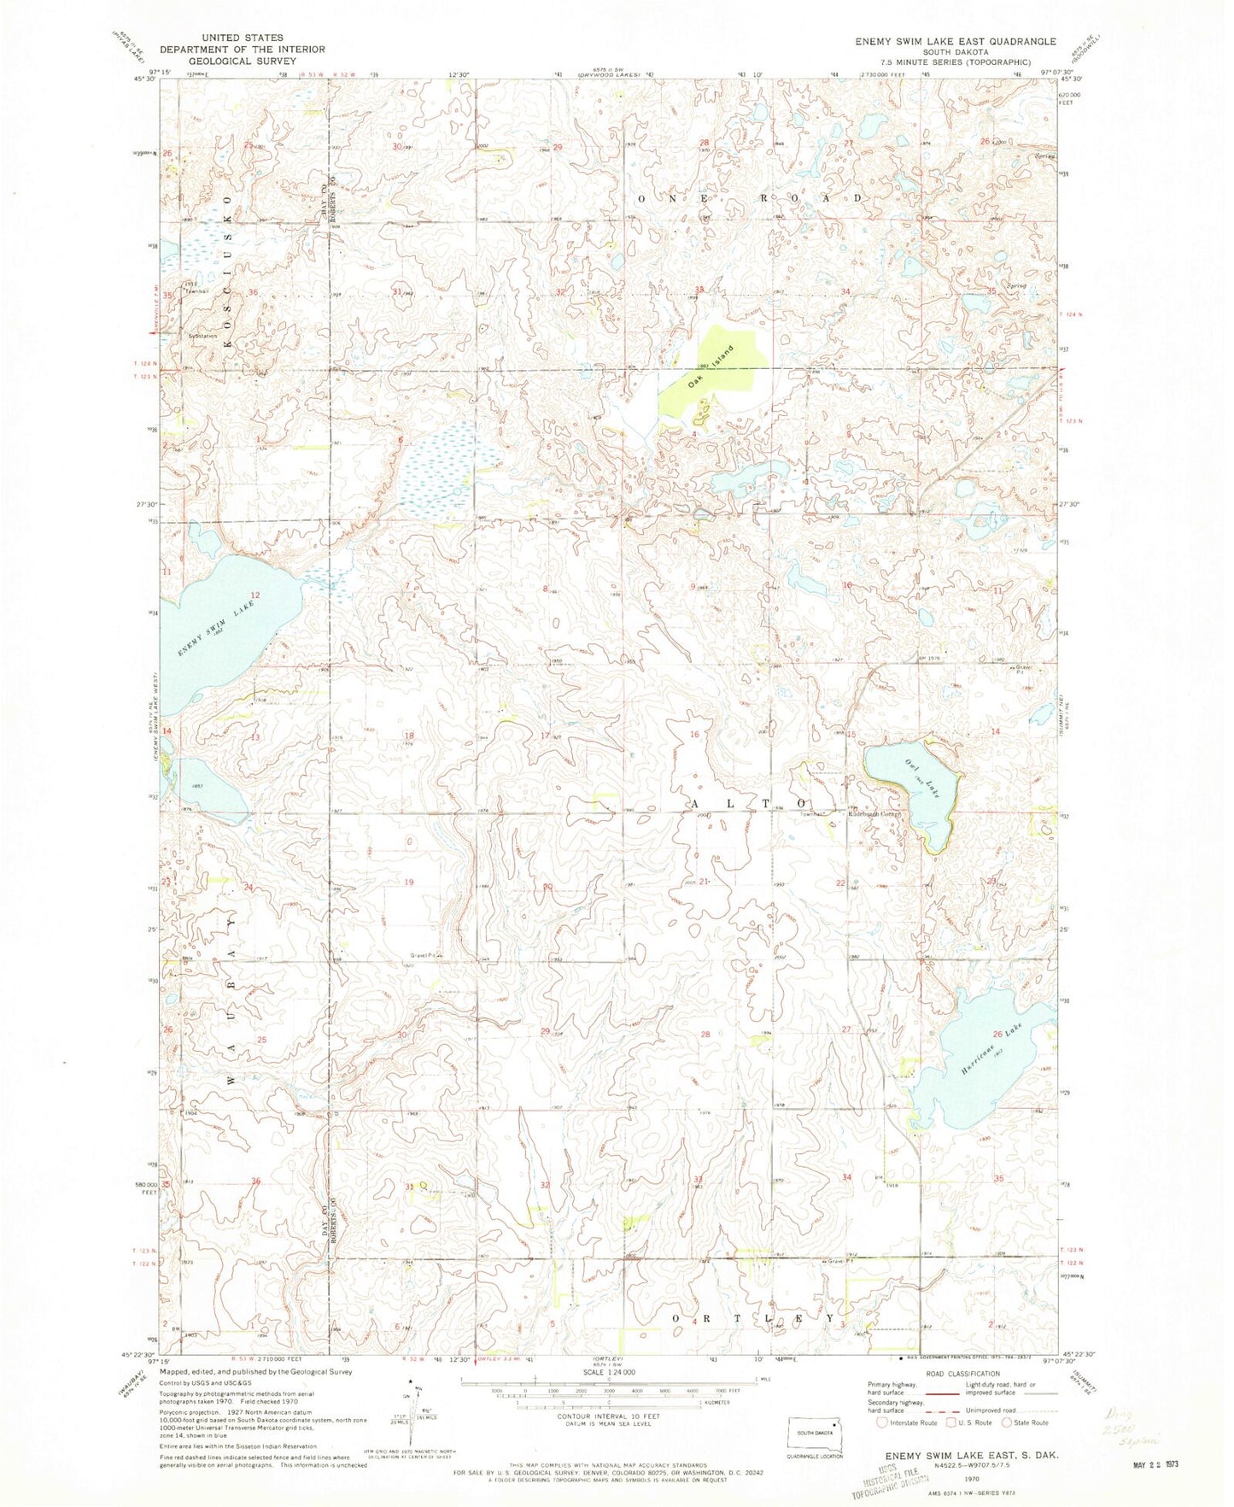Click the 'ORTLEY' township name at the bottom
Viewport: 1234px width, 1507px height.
point(752,1318)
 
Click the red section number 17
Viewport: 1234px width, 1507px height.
point(544,736)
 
